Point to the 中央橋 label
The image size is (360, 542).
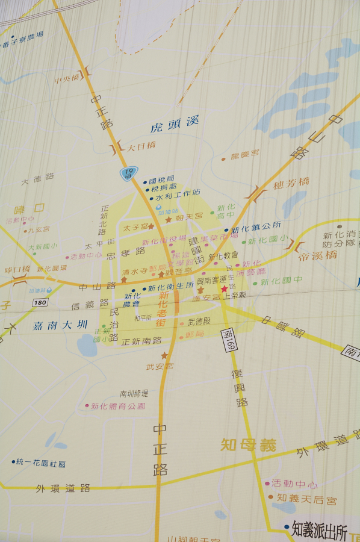pyautogui.click(x=67, y=79)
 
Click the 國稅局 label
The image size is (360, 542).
pyautogui.click(x=161, y=179)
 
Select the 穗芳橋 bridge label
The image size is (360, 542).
pyautogui.click(x=291, y=183)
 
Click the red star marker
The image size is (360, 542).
pyautogui.click(x=224, y=289)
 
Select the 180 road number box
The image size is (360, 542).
pyautogui.click(x=40, y=302)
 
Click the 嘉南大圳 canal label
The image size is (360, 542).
pyautogui.click(x=60, y=325)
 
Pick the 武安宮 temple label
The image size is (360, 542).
pyautogui.click(x=160, y=366)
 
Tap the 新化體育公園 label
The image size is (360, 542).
pyautogui.click(x=118, y=406)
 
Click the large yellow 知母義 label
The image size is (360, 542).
pyautogui.click(x=248, y=445)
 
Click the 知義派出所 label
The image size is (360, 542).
pyautogui.click(x=320, y=530)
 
